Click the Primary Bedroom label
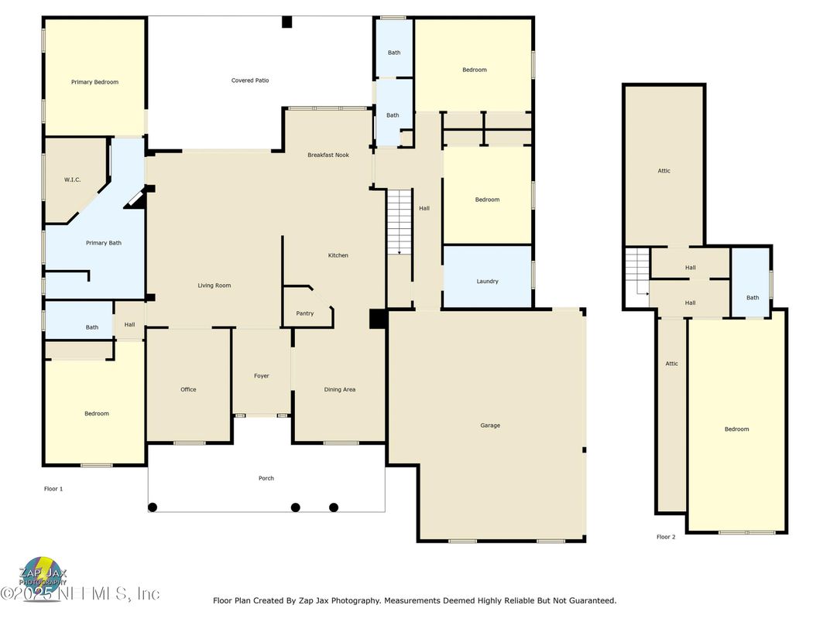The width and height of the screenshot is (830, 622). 94,82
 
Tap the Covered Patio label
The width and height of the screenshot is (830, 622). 250,80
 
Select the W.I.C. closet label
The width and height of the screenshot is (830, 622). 73,179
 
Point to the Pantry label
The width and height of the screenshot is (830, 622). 305,313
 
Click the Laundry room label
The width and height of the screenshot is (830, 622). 487,282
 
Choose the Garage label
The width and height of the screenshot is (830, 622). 490,425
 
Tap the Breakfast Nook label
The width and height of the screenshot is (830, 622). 328,155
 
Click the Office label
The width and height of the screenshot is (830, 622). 188,389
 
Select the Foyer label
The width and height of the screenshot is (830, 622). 262,376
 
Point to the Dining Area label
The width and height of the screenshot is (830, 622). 340,390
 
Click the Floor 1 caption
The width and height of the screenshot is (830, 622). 53,489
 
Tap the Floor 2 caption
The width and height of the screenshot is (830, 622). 666,537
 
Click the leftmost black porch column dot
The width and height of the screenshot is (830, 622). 153,508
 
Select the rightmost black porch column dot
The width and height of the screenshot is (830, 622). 334,508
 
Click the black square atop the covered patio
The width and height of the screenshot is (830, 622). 287,22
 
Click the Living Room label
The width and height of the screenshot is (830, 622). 214,285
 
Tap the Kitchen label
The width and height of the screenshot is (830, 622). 338,255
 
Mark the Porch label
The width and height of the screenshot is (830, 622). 266,478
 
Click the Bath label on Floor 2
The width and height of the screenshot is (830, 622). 753,298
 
